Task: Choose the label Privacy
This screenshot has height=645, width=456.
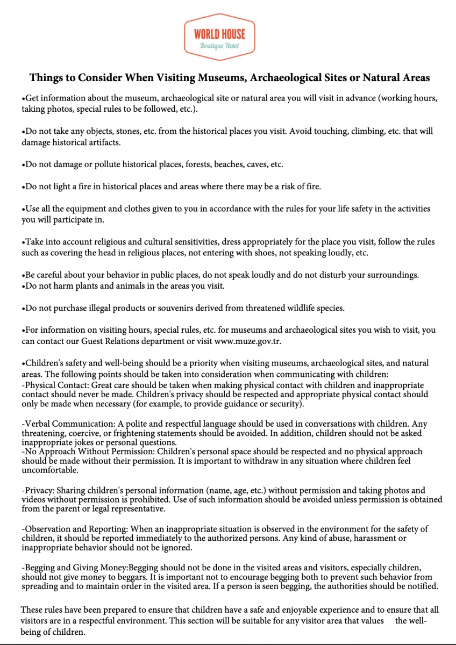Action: (x=38, y=490)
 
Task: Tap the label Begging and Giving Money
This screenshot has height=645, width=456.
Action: (x=76, y=567)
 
